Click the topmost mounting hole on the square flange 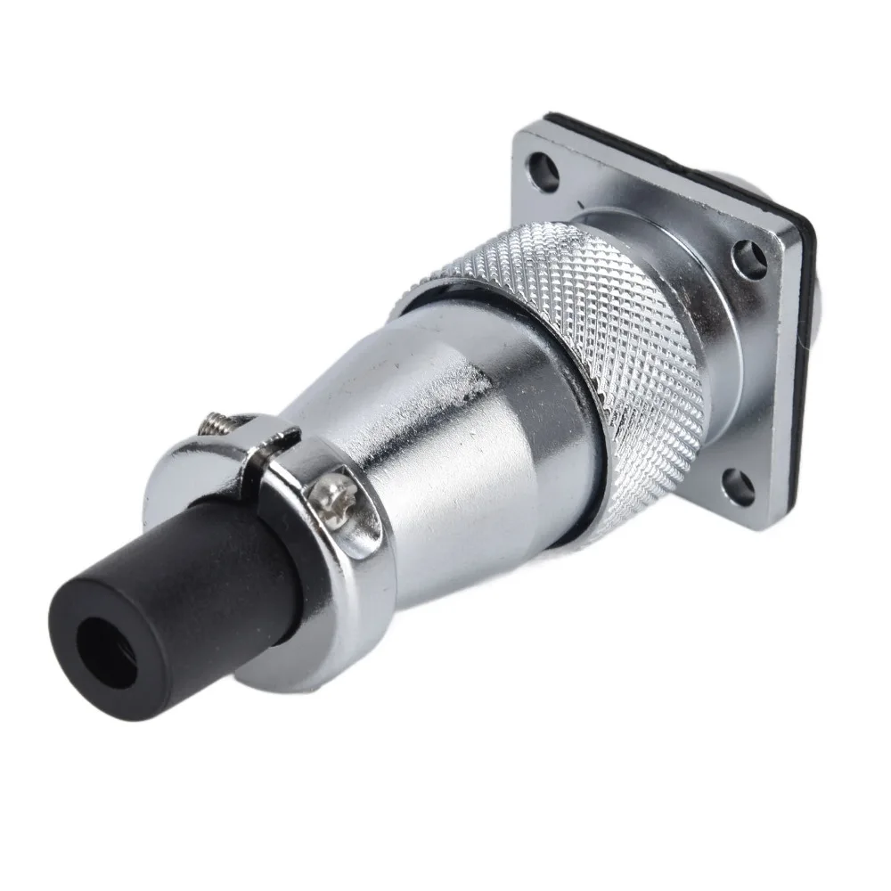[x=540, y=166]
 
